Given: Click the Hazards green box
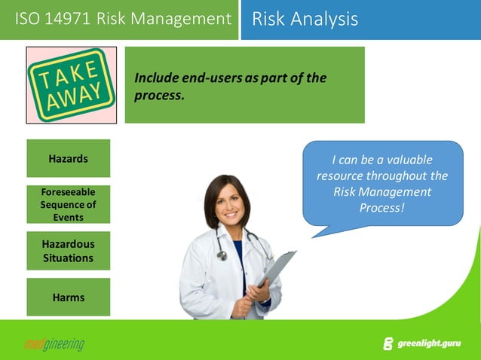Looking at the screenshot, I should tap(68, 158).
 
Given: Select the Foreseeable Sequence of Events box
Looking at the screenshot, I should tap(68, 204).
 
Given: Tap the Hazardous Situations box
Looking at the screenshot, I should tap(68, 251).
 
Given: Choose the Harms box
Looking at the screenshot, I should tap(68, 297).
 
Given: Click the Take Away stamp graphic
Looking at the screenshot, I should tap(72, 84).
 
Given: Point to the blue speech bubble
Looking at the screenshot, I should tap(382, 183).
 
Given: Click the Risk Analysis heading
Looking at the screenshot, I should tap(305, 19).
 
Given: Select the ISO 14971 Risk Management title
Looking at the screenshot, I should tap(123, 19).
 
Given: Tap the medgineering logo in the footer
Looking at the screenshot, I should tap(54, 345).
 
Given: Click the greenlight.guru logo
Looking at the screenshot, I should tap(426, 344).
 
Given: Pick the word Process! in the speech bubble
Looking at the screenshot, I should tap(382, 208).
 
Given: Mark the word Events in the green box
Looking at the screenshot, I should tap(68, 217).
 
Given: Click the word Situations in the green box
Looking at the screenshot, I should tap(68, 258).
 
